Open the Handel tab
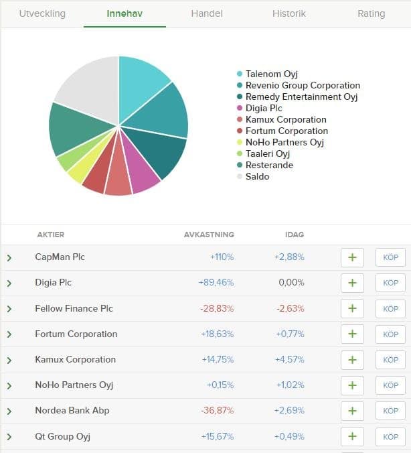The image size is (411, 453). coord(207,13)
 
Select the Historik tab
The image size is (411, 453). coord(289,13)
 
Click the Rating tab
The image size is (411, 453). coord(371,13)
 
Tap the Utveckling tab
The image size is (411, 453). coord(42,13)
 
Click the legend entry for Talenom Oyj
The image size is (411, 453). coord(271,74)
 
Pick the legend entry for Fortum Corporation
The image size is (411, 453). coord(286,131)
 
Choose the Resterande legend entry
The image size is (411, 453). coord(269,166)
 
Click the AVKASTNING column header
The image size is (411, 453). coord(209,235)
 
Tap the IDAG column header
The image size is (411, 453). coord(294,235)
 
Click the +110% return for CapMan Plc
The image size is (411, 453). coord(222,257)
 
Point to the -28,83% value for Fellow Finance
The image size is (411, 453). coord(217,309)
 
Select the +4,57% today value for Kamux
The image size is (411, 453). coord(289,360)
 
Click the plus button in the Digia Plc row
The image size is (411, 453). coord(352,283)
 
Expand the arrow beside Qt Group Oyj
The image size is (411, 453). coord(9,437)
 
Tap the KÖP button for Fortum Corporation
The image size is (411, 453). coord(390,334)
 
